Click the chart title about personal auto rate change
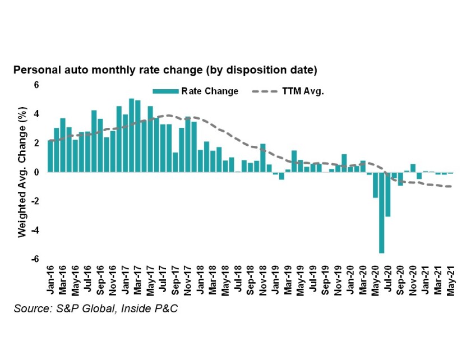click(165, 71)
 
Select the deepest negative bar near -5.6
click(381, 213)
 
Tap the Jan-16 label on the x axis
click(50, 280)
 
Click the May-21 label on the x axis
click(451, 280)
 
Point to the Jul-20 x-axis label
click(387, 280)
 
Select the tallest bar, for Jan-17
click(131, 135)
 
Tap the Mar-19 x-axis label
click(288, 280)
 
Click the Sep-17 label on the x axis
click(176, 280)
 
